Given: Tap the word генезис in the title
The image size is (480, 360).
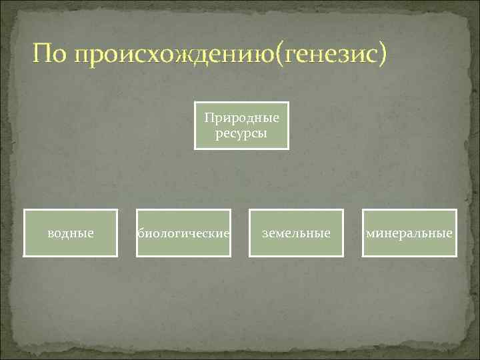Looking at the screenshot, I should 329,55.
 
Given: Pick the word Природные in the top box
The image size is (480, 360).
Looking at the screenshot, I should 241,119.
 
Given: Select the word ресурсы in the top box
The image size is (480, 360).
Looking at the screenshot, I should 241,133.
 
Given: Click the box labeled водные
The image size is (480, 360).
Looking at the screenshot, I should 71,233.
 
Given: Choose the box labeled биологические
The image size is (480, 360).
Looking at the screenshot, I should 184,233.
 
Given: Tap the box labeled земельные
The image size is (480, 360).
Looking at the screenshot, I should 296,233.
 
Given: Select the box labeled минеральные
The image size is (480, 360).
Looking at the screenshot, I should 409,233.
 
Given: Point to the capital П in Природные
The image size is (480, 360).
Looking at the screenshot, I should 209,118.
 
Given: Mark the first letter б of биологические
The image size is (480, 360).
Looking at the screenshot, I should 141,233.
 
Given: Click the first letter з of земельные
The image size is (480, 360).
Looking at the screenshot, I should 265,234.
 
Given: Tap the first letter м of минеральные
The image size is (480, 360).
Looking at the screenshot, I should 369,234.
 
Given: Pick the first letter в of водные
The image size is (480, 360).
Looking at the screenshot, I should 51,234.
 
